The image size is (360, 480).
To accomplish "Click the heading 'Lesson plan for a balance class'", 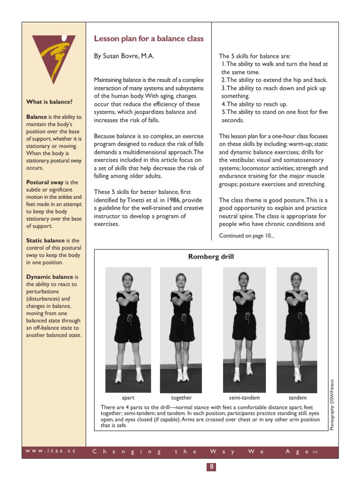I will (x=149, y=39).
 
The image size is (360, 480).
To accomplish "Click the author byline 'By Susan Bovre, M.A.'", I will (x=124, y=56).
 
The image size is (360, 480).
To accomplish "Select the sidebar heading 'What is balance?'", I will (x=49, y=102).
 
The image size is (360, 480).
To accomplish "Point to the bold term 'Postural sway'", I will (x=45, y=182).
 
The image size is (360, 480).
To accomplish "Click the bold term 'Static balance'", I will (x=46, y=240).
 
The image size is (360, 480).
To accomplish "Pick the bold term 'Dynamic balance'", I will (x=50, y=277).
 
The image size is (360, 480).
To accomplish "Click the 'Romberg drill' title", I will (x=211, y=257).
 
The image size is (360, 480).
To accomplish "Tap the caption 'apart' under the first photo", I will (x=128, y=397).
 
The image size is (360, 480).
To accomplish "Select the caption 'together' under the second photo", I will (x=181, y=397).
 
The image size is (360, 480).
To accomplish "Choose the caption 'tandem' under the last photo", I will (x=297, y=397).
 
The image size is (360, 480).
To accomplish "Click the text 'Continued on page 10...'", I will (x=247, y=236).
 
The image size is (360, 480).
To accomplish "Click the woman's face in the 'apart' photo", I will (x=127, y=277).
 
